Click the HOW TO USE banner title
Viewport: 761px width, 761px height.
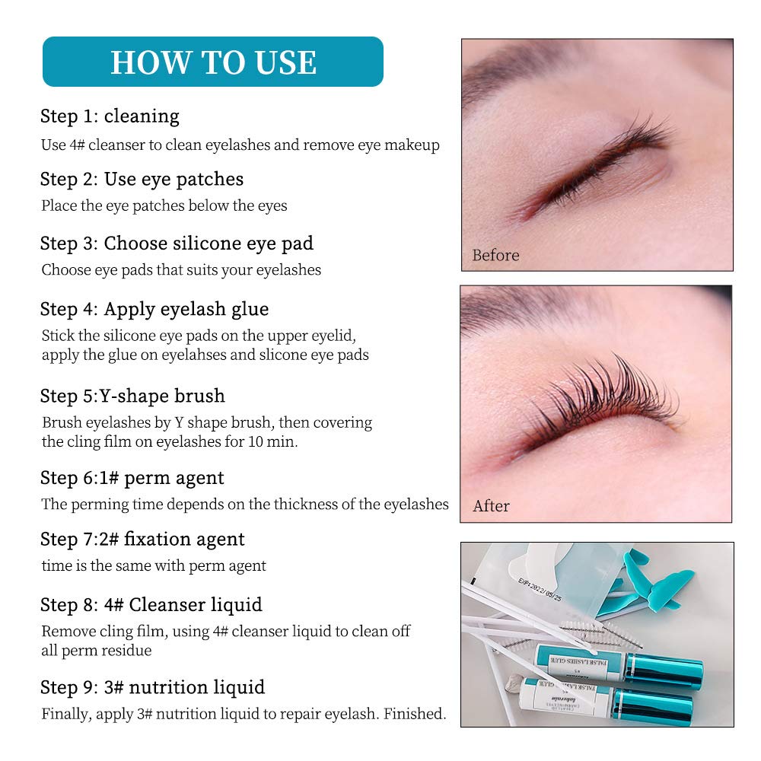tap(214, 62)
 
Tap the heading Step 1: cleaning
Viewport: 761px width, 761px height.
tap(110, 116)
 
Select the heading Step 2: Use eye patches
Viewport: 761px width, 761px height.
tap(142, 180)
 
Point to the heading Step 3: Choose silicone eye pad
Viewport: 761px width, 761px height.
tap(177, 244)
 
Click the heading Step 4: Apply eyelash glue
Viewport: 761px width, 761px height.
tap(154, 309)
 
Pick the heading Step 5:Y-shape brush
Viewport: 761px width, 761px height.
tap(132, 396)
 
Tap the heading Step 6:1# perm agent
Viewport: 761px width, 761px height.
tap(132, 478)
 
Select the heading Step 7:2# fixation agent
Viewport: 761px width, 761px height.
tap(142, 540)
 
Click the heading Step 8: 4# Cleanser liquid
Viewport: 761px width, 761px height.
tap(151, 605)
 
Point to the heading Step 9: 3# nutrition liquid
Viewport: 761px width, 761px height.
tap(152, 687)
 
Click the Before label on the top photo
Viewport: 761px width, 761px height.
tap(495, 255)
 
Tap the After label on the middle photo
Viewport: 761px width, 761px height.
tap(491, 506)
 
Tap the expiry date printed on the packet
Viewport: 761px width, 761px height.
tap(540, 590)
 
